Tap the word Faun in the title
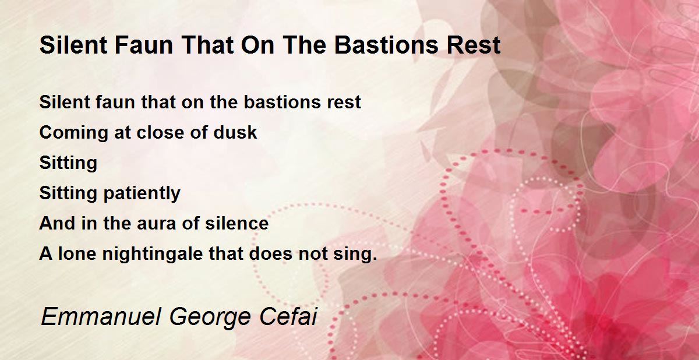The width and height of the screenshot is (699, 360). click(x=143, y=45)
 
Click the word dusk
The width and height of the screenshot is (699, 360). click(x=235, y=132)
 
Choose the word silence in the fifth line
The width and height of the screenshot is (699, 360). click(x=236, y=223)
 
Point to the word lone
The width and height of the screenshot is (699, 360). click(x=77, y=253)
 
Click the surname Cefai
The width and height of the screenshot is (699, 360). click(x=288, y=317)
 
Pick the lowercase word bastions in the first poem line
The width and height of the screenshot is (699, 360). click(x=283, y=102)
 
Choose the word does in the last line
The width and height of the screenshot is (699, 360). click(x=271, y=253)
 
